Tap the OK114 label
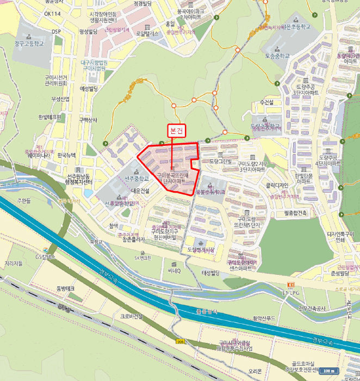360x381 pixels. pyautogui.click(x=53, y=14)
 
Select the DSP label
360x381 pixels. pyautogui.click(x=57, y=32)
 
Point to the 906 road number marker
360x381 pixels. pyautogui.click(x=181, y=341)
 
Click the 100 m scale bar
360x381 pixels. pyautogui.click(x=328, y=370)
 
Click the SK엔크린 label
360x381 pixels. pyautogui.click(x=145, y=258)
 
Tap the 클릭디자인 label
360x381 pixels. pyautogui.click(x=277, y=186)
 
